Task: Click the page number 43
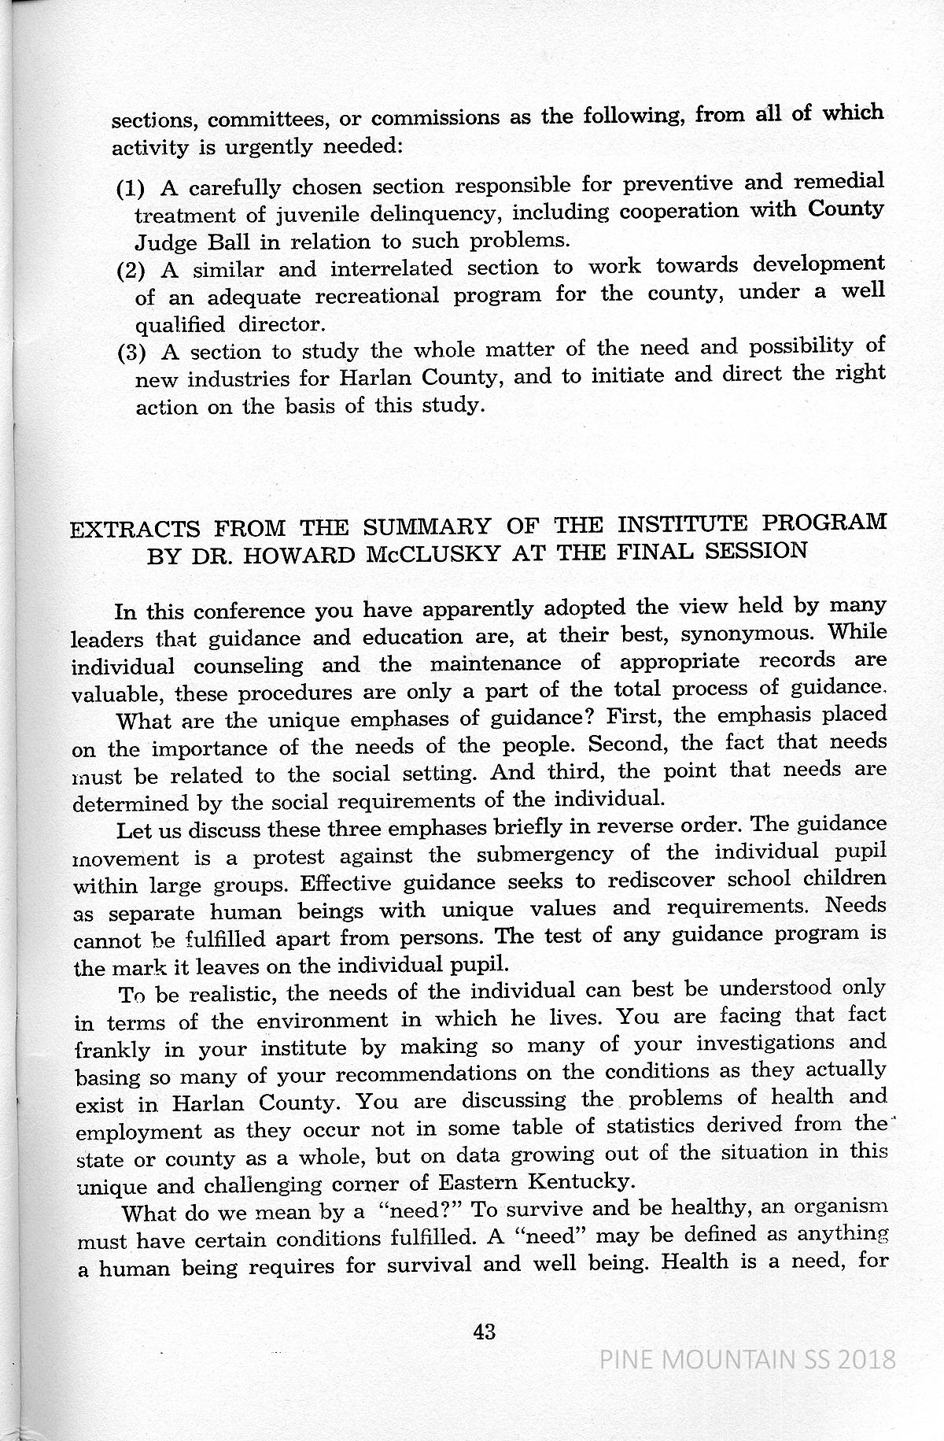[x=484, y=1332]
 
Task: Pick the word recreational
[x=376, y=297]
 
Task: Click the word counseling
[x=248, y=666]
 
